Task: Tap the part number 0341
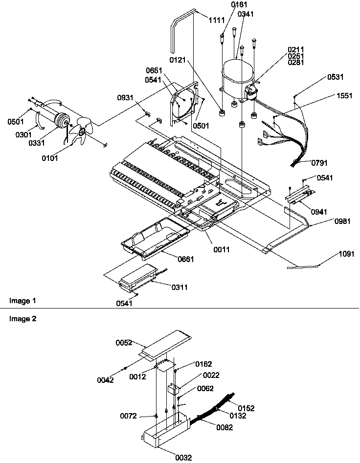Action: [x=246, y=14]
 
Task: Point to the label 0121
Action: [x=179, y=60]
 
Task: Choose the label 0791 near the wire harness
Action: [x=319, y=163]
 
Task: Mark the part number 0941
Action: [x=319, y=212]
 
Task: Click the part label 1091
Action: [x=348, y=254]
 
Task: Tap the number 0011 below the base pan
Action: [x=222, y=250]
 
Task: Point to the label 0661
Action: [x=185, y=259]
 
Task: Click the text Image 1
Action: [x=19, y=299]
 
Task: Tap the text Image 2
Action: [x=19, y=318]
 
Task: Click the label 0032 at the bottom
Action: [x=184, y=457]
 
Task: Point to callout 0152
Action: [x=246, y=408]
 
